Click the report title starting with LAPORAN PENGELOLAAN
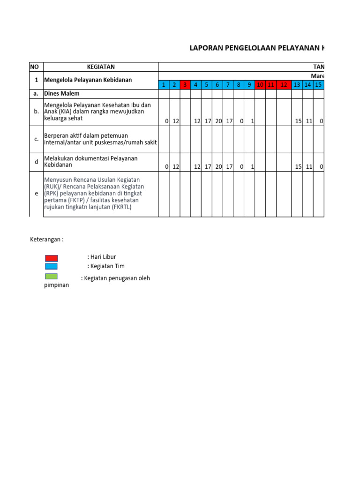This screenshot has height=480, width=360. [x=256, y=48]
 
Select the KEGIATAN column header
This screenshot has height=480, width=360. [x=101, y=67]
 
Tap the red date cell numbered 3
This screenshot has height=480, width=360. [x=185, y=85]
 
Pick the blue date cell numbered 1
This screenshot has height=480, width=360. [x=164, y=85]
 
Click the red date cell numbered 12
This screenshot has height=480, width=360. [x=284, y=85]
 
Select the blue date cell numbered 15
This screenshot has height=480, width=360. [x=318, y=85]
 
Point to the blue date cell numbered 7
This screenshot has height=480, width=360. [x=228, y=85]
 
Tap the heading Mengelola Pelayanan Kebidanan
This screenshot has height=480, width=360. [x=88, y=80]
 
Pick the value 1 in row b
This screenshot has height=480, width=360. [x=252, y=121]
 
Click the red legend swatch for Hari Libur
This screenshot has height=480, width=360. [x=52, y=258]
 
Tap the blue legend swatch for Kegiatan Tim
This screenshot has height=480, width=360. [x=52, y=266]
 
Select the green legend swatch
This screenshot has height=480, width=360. [x=52, y=277]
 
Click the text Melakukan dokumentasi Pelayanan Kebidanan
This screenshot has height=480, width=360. [x=90, y=162]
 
